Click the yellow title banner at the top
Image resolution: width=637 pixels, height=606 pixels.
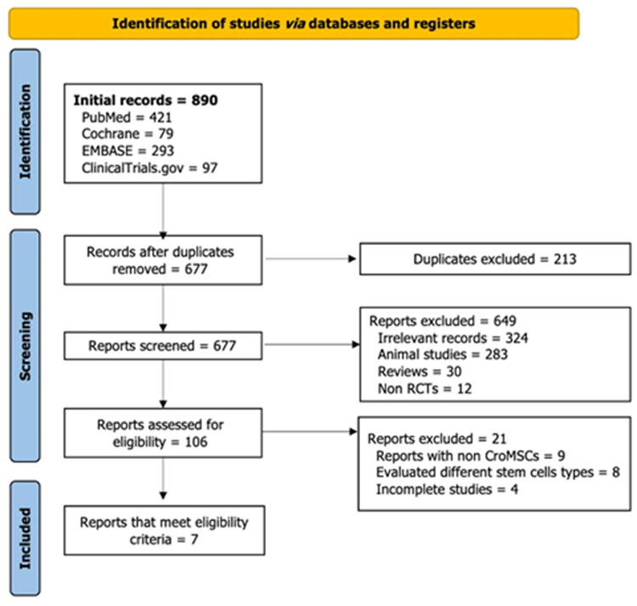tap(294, 24)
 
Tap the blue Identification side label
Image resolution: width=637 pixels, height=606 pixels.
tap(25, 132)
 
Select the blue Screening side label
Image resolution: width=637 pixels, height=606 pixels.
tap(25, 346)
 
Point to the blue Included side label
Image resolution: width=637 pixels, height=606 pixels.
tap(25, 539)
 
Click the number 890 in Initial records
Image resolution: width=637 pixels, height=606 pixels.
tap(205, 100)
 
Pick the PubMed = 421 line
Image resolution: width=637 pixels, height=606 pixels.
tap(127, 117)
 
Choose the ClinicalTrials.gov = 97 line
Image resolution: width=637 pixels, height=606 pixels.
tap(149, 167)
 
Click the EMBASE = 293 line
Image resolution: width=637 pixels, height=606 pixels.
tap(128, 150)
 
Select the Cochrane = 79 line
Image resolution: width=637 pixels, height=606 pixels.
tap(127, 133)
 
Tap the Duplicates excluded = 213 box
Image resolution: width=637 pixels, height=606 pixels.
tap(495, 259)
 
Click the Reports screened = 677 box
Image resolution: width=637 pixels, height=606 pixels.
tap(163, 346)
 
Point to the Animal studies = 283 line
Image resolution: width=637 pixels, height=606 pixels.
tap(443, 354)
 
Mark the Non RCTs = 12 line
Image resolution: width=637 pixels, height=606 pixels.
tap(425, 388)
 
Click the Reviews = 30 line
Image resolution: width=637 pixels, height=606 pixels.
tap(420, 371)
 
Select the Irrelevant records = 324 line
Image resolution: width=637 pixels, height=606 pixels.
tap(453, 337)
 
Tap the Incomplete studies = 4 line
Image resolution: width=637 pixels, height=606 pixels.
tap(448, 490)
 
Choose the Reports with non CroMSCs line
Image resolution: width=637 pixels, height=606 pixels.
tap(471, 456)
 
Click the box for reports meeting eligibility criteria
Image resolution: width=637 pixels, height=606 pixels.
tap(165, 530)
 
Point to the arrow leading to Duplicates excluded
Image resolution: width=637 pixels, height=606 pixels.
tap(311, 259)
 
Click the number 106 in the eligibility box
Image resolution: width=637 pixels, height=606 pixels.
tap(196, 442)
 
